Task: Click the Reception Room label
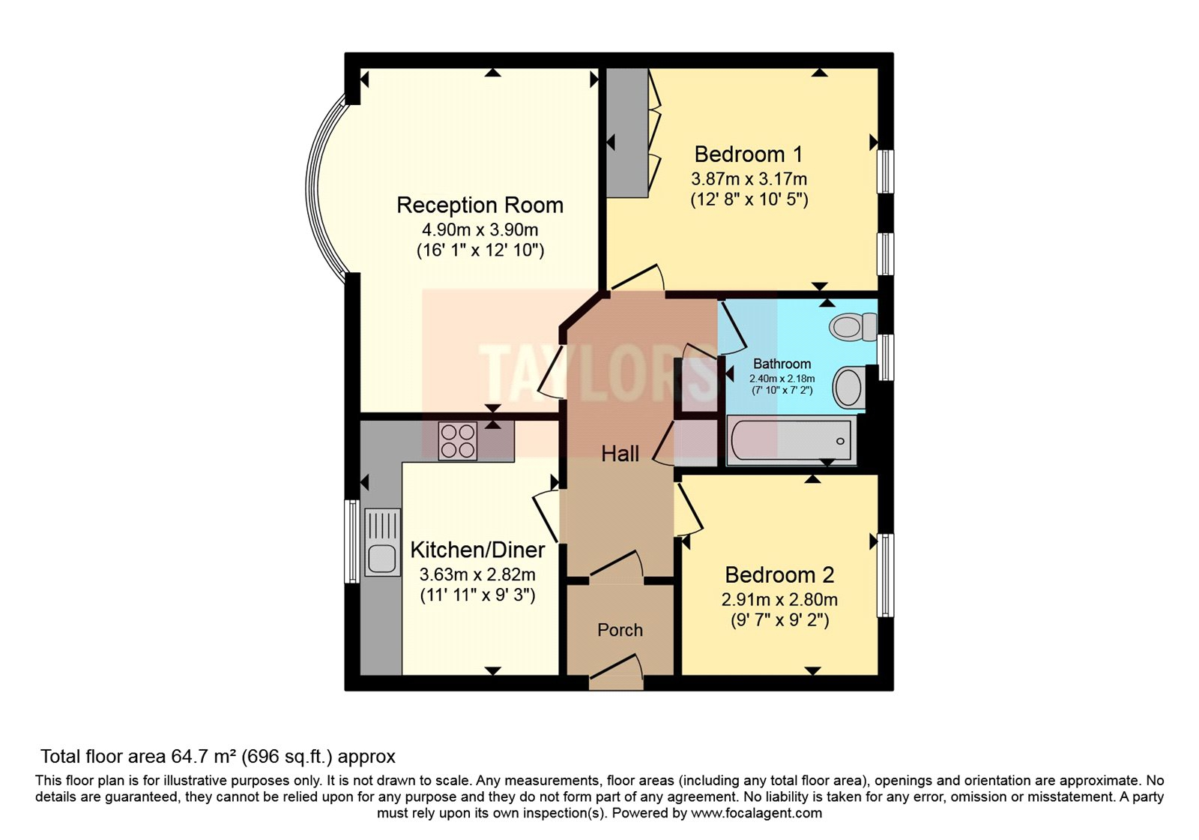[x=480, y=205]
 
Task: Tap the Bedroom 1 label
[x=748, y=154]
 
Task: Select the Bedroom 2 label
[x=779, y=575]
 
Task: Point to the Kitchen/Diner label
[x=477, y=550]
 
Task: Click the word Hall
[x=620, y=454]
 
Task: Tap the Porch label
[x=620, y=630]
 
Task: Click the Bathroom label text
[x=782, y=364]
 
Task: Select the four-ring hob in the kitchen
[x=457, y=441]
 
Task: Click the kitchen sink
[x=382, y=542]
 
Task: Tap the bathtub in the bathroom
[x=791, y=441]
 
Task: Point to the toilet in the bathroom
[x=852, y=326]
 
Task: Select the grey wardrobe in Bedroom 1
[x=626, y=133]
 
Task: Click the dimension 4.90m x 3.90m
[x=480, y=230]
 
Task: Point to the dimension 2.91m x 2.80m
[x=779, y=600]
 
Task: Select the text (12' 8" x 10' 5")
[x=749, y=200]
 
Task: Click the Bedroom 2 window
[x=886, y=575]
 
